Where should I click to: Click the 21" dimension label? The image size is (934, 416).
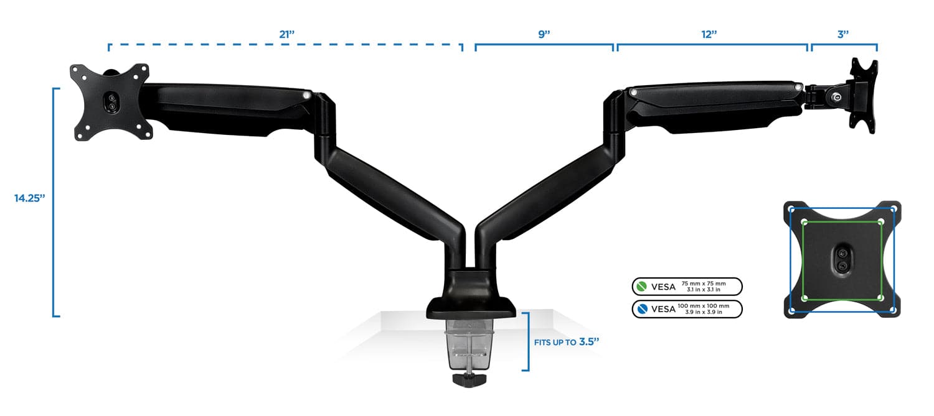pos(286,35)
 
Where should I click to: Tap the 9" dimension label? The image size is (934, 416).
pos(544,35)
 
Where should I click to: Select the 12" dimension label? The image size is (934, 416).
pos(709,35)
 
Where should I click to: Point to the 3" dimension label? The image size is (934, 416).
pos(843,35)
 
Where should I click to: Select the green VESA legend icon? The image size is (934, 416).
pos(641,287)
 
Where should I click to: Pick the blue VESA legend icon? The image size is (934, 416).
pos(641,309)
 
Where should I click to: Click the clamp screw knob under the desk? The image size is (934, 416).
pos(468,379)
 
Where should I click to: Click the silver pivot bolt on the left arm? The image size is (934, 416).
pos(306,95)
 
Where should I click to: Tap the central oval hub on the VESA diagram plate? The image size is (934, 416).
pos(842,260)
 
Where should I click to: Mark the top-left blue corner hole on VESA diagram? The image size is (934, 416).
pos(791,209)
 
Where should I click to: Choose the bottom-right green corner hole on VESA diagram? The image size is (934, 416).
pos(880,298)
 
